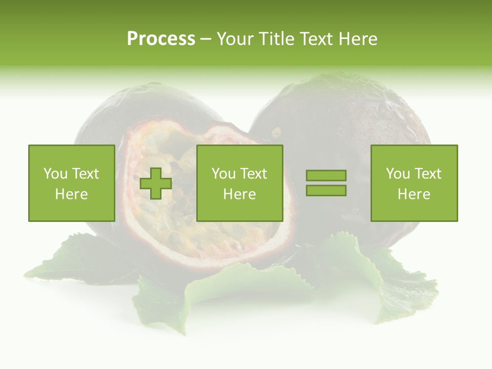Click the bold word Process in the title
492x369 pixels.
[161, 39]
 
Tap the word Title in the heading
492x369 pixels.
[275, 39]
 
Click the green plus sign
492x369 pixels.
[156, 183]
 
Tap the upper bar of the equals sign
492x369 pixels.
[326, 176]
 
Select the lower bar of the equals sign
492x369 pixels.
[326, 190]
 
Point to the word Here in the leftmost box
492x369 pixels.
[71, 194]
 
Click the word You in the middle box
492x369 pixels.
[223, 174]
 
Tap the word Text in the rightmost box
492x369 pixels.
[428, 174]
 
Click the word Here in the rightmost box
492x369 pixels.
[414, 194]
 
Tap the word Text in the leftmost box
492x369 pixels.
[86, 174]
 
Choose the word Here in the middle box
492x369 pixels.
[239, 194]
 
